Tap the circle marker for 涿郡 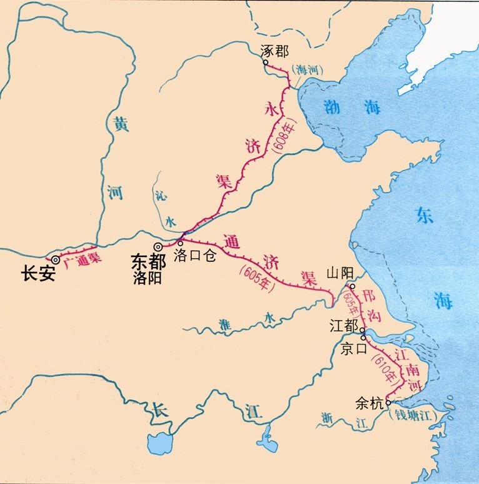(x=265, y=62)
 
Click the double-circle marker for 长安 (x=55, y=260)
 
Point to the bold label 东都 (x=148, y=262)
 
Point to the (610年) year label (x=384, y=368)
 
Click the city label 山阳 (x=341, y=273)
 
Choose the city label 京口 (x=352, y=350)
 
